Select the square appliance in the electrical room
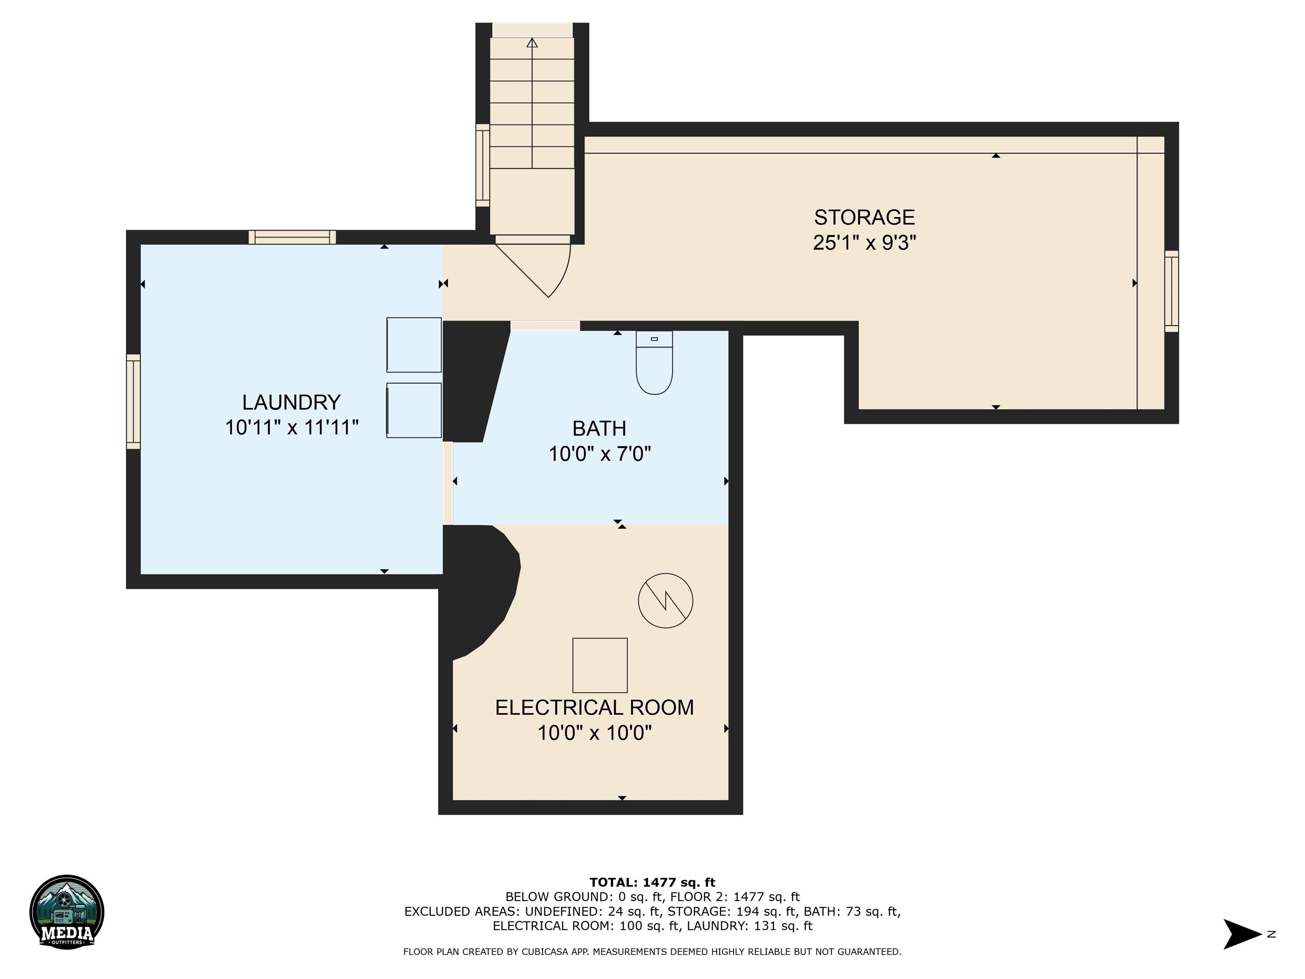pos(599,665)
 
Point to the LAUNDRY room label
pos(291,402)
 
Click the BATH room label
pos(599,428)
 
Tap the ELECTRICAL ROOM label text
pos(594,707)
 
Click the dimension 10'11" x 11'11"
pos(291,427)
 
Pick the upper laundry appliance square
pos(414,345)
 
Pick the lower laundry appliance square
pos(414,410)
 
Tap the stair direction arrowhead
pos(532,42)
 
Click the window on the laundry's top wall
pos(292,237)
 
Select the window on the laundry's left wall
pos(134,401)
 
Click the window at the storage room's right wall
pos(1171,291)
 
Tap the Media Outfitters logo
pos(67,912)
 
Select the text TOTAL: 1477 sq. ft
pos(652,882)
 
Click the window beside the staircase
pos(483,165)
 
